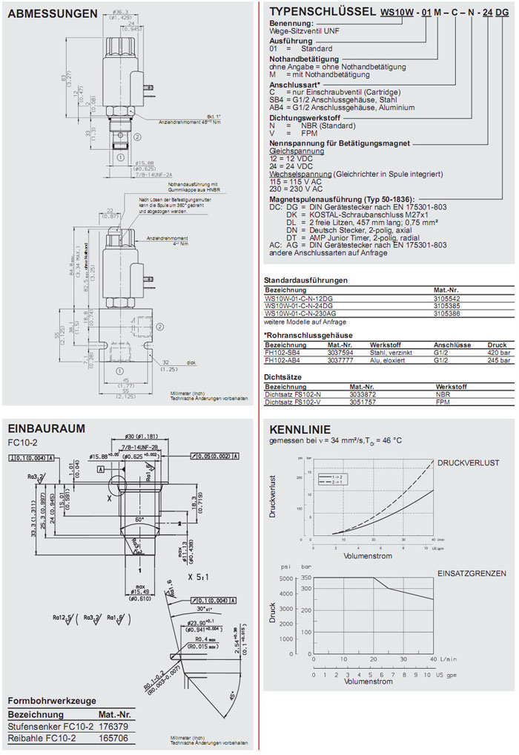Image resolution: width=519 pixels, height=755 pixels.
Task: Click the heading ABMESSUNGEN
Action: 52,14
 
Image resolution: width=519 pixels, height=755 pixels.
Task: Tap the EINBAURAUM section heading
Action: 46,428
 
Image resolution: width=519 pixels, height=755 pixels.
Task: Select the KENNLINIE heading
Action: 295,429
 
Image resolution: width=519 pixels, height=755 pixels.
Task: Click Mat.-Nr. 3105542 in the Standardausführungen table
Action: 447,298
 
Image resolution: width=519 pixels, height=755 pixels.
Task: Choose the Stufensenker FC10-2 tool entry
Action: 50,726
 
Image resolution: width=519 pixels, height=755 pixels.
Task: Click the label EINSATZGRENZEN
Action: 472,573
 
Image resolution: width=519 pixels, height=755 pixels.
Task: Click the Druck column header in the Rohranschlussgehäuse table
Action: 497,345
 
